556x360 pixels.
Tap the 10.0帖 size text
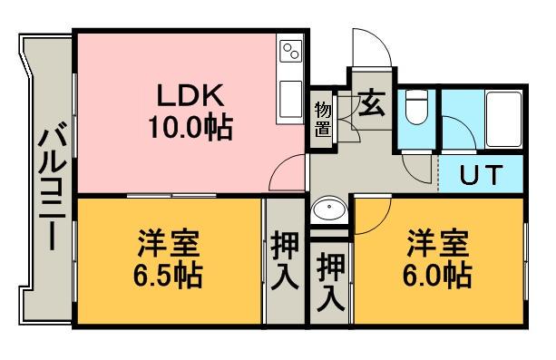point(191,127)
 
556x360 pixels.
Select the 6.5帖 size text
point(170,273)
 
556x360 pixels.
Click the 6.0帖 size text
point(436,273)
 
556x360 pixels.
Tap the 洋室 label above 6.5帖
point(170,243)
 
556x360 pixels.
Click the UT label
point(479,175)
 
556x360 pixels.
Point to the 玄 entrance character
point(371,103)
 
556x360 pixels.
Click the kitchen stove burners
point(290,51)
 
